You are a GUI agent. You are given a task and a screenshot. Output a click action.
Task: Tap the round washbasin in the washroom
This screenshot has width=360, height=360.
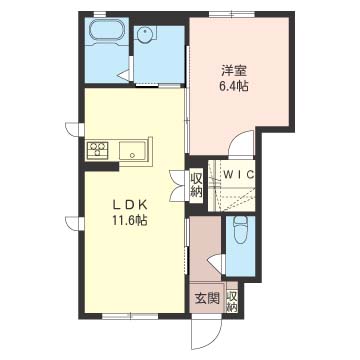click(x=145, y=34)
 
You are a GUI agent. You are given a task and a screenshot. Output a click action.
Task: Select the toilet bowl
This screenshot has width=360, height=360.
click(x=240, y=230)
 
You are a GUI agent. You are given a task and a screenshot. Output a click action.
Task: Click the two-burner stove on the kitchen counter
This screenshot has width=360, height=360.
click(x=97, y=149)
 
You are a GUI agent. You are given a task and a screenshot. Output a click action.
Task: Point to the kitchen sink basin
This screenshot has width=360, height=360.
click(x=132, y=151)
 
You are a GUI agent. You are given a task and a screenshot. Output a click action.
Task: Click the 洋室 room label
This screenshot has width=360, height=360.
click(x=234, y=72)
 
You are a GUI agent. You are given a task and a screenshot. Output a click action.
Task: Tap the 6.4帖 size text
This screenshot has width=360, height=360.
click(x=234, y=87)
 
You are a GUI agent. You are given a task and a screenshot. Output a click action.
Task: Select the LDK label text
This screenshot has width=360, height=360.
click(x=130, y=206)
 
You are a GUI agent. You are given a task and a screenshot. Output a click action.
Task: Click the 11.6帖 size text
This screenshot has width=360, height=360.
click(x=130, y=221)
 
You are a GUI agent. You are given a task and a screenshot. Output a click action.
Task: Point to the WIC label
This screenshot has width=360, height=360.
click(x=239, y=174)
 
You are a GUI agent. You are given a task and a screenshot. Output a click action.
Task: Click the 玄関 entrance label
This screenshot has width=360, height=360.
click(x=207, y=299)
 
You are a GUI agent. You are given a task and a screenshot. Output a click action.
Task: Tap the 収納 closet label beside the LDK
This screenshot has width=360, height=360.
click(x=196, y=186)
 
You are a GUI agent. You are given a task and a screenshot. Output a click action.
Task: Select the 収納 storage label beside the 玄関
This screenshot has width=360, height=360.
click(x=232, y=301)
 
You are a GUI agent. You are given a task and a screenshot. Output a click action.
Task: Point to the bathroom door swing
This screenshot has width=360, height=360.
click(x=126, y=74)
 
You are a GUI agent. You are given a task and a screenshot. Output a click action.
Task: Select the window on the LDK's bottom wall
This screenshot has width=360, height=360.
click(x=130, y=315)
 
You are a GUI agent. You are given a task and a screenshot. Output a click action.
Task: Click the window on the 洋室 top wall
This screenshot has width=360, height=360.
click(x=231, y=14)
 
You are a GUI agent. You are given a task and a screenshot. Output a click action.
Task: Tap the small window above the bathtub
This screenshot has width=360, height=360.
click(x=99, y=14)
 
